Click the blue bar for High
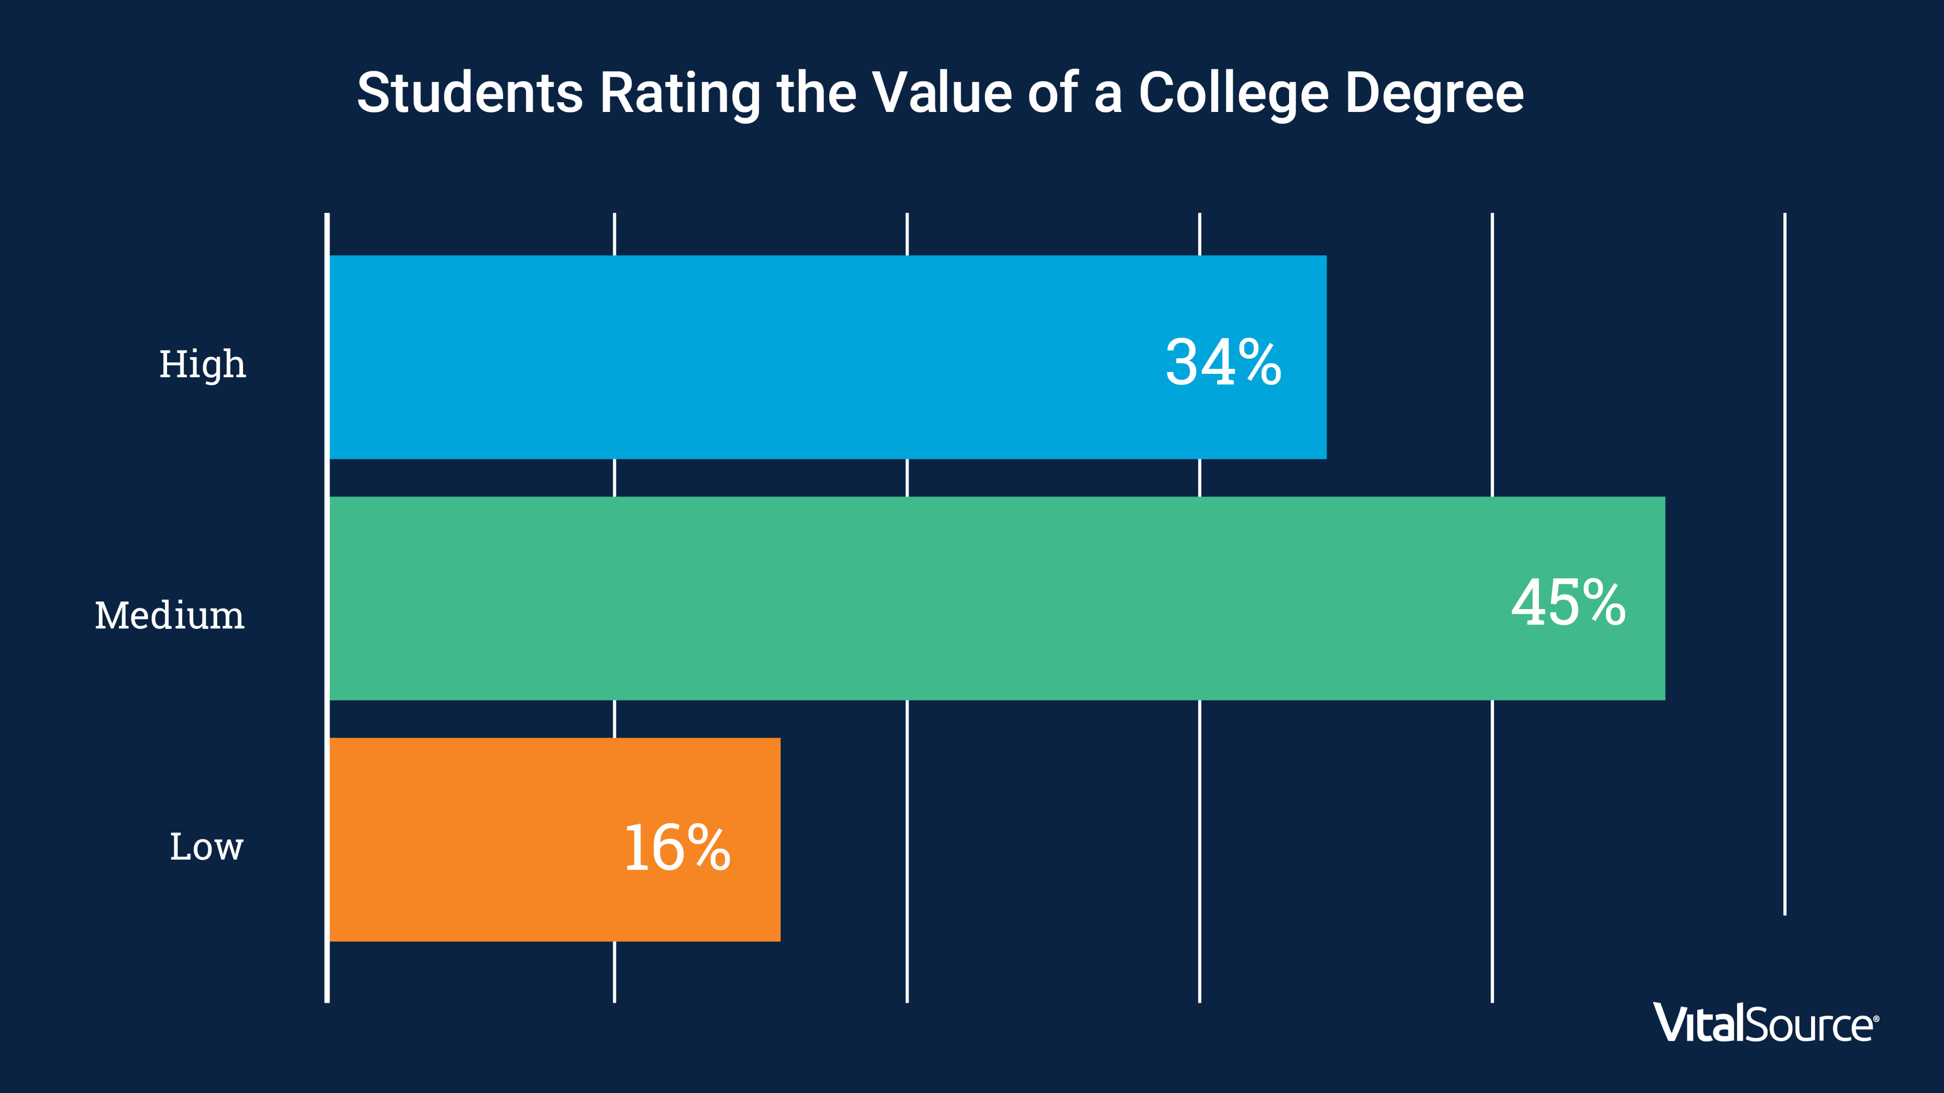(755, 357)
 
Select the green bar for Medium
(906, 598)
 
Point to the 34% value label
(1223, 363)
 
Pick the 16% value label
(677, 848)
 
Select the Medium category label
(170, 615)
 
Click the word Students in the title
(469, 93)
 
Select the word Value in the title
(942, 93)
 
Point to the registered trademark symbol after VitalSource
(1876, 1019)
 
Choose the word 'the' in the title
(816, 93)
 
